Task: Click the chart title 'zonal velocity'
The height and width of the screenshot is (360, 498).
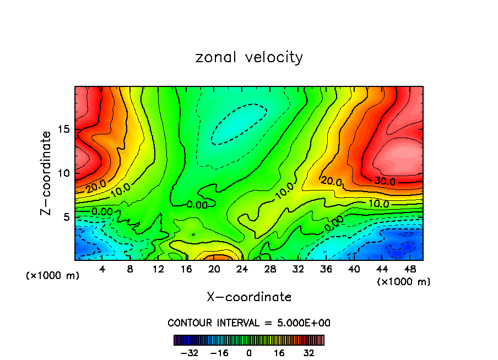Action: pyautogui.click(x=249, y=57)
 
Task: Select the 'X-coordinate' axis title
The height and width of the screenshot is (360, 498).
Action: pyautogui.click(x=249, y=297)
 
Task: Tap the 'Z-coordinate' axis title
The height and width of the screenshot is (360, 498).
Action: pyautogui.click(x=46, y=173)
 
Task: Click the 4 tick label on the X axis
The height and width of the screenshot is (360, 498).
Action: pyautogui.click(x=102, y=269)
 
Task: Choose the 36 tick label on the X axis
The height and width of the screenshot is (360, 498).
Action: pyautogui.click(x=326, y=269)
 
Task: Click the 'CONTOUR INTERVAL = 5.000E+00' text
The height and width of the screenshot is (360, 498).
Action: pyautogui.click(x=249, y=323)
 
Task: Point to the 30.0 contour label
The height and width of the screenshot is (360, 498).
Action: pyautogui.click(x=385, y=181)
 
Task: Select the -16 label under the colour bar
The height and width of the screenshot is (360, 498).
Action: pyautogui.click(x=219, y=353)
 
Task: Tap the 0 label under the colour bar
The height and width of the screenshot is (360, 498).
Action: pyautogui.click(x=249, y=353)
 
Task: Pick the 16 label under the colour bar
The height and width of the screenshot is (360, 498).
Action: pyautogui.click(x=279, y=353)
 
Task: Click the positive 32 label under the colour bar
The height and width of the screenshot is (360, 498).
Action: pyautogui.click(x=308, y=353)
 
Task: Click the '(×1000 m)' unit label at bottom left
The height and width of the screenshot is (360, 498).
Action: pyautogui.click(x=53, y=275)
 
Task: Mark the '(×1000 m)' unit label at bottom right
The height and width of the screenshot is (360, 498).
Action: pyautogui.click(x=403, y=281)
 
